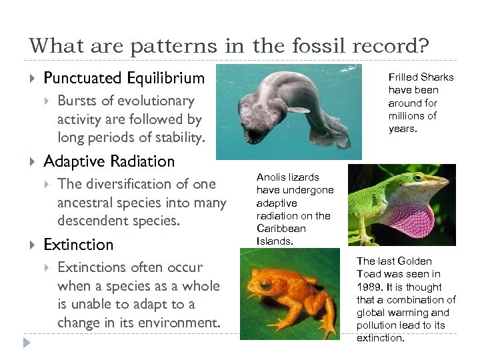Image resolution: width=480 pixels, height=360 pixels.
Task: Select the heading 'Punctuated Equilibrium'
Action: [x=124, y=78]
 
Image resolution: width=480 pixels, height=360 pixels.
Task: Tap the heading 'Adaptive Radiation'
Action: [x=109, y=161]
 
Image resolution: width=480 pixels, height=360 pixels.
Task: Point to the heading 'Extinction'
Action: [x=78, y=245]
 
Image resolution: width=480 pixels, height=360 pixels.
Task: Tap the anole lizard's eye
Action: [x=418, y=179]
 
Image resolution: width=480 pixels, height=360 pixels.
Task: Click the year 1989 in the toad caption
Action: [x=369, y=287]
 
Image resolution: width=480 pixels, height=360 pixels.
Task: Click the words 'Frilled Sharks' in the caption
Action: [x=421, y=77]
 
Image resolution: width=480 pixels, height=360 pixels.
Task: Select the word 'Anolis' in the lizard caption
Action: [x=272, y=177]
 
